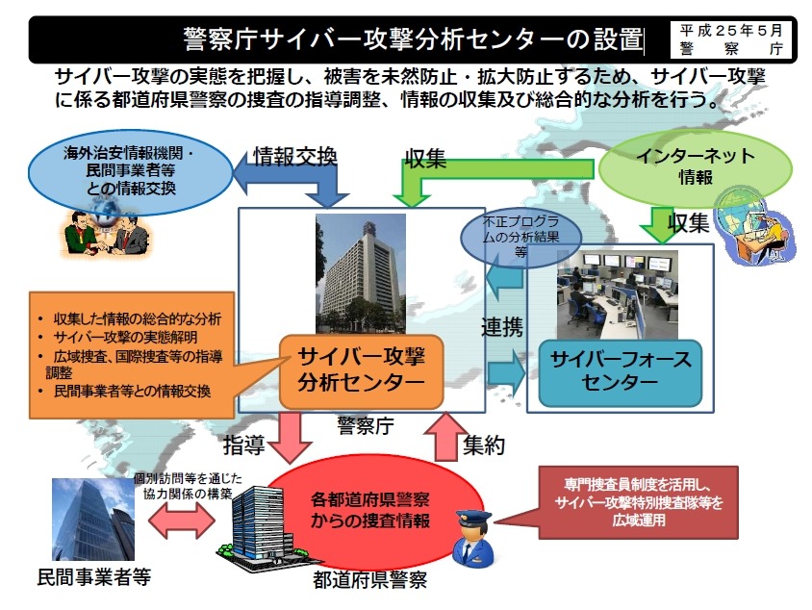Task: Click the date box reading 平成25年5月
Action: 732,38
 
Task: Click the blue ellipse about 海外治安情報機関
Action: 130,169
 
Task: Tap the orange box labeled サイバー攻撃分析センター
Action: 361,369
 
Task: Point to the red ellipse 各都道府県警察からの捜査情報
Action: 369,511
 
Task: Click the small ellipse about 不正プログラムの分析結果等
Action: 521,237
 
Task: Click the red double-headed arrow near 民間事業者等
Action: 182,521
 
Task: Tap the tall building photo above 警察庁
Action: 361,273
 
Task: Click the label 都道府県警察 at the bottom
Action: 369,580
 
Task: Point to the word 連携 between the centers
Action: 502,326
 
